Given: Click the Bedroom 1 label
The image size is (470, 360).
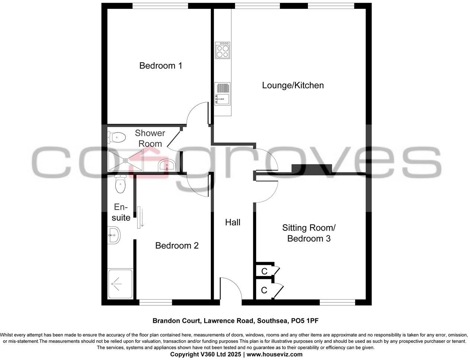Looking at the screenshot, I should tap(161, 66).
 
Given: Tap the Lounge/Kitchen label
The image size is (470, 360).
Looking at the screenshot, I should tap(293, 85).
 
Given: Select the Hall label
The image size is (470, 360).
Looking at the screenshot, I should tap(233, 222).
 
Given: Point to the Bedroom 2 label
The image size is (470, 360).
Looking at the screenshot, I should tap(177, 245).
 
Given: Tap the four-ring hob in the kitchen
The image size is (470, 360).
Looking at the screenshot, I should tap(223, 50).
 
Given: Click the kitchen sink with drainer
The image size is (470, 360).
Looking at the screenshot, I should tap(222, 94).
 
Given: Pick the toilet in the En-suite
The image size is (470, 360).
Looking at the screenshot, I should tap(120, 184).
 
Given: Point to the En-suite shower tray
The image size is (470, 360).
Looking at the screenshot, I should tap(120, 284).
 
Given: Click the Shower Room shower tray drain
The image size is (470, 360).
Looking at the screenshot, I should tap(126, 161).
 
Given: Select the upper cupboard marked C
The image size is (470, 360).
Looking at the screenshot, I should tap(264, 271).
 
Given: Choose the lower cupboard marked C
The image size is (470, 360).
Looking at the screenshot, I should tap(264, 290).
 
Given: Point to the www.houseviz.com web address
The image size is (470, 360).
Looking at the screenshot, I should tap(274, 354).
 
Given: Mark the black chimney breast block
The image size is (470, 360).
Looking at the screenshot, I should tap(311, 168).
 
